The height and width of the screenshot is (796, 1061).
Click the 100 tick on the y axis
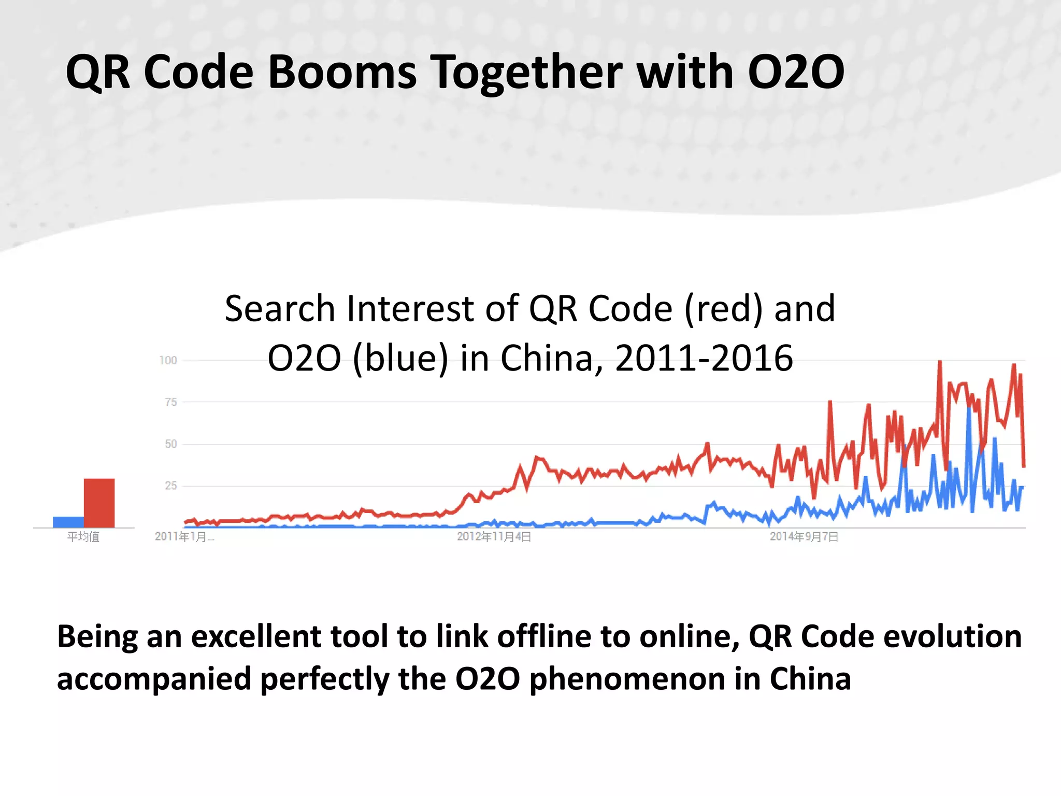[168, 360]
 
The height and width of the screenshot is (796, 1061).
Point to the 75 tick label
[170, 402]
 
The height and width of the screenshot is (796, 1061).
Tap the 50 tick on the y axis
[170, 444]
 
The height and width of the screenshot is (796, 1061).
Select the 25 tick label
[170, 486]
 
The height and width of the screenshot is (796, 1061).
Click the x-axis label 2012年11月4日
[494, 537]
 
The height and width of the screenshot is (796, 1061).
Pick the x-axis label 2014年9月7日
[804, 537]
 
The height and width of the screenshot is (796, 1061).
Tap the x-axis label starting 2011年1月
[184, 537]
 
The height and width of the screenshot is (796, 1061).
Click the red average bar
[99, 503]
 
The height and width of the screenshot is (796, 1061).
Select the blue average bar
[68, 522]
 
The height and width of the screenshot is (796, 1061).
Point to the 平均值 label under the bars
[83, 537]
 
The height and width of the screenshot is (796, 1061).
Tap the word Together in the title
[526, 73]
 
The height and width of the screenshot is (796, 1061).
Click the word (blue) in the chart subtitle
[400, 359]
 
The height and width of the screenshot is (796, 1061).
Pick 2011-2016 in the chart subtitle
[704, 359]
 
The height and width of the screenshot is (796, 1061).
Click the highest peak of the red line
[940, 362]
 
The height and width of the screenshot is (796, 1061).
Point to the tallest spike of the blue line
[969, 409]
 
